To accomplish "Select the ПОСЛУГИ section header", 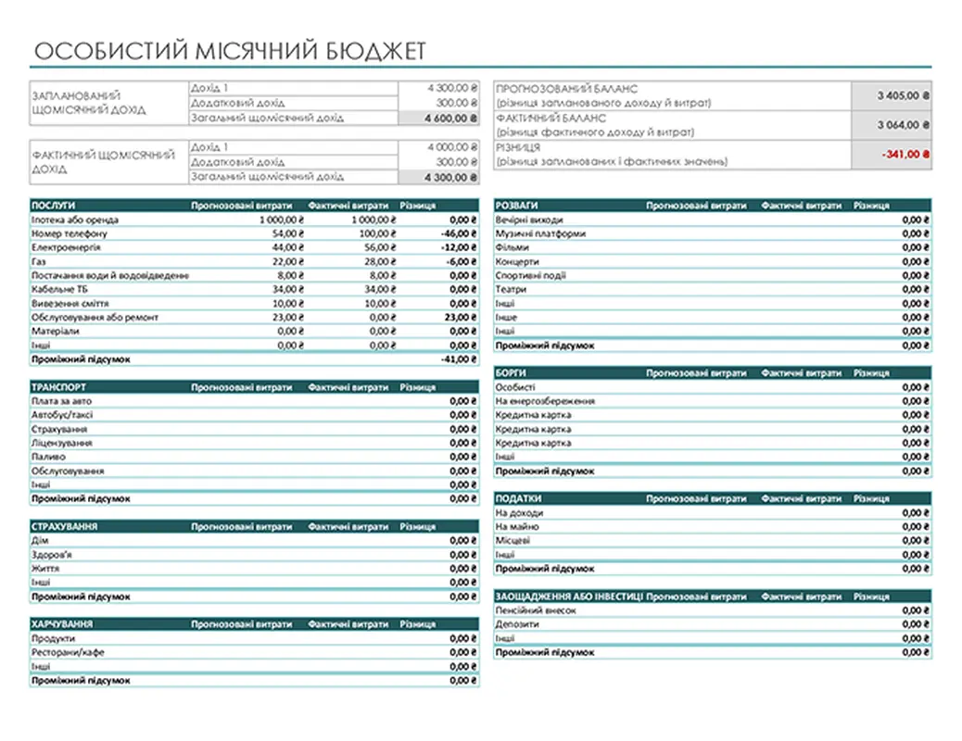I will (x=54, y=206).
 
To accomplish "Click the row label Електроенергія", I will (x=66, y=247).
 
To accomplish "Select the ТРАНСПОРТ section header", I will (x=60, y=387).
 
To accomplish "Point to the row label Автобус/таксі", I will (x=62, y=415).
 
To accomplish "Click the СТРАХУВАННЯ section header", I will (x=65, y=526).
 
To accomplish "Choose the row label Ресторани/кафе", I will (x=68, y=652).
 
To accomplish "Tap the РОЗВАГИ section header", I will (x=517, y=206).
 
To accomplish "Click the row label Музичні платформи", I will (x=540, y=233).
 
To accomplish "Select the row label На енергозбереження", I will (x=545, y=401).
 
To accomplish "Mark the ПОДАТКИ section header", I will (x=520, y=498).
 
